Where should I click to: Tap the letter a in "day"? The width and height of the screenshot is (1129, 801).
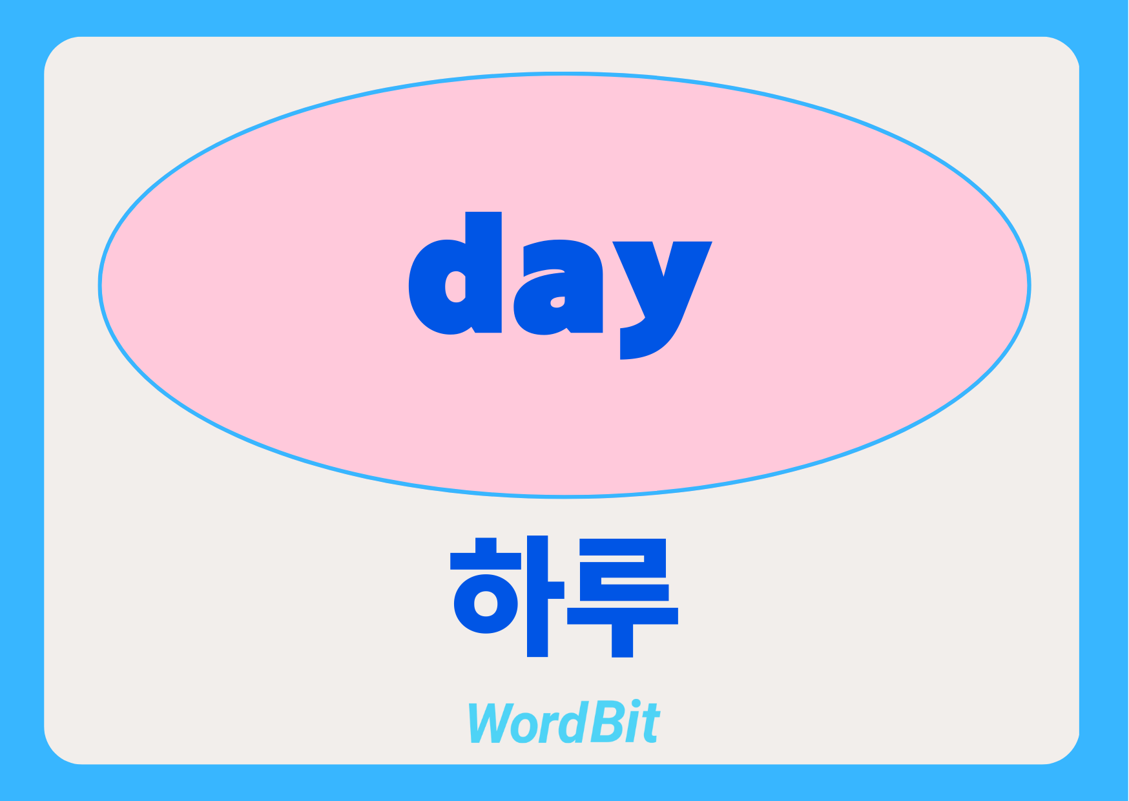click(x=559, y=288)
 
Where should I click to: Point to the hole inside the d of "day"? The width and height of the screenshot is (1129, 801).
click(x=455, y=286)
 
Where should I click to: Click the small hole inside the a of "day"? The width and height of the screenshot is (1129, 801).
click(x=557, y=302)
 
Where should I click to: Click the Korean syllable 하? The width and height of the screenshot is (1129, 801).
click(x=508, y=596)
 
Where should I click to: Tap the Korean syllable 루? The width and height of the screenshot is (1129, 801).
click(x=623, y=598)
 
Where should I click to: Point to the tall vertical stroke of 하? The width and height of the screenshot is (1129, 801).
click(x=537, y=596)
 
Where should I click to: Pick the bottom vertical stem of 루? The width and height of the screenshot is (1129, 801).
click(x=623, y=640)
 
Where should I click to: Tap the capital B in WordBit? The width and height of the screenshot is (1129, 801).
click(x=605, y=722)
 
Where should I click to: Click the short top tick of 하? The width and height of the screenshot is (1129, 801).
click(x=485, y=546)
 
